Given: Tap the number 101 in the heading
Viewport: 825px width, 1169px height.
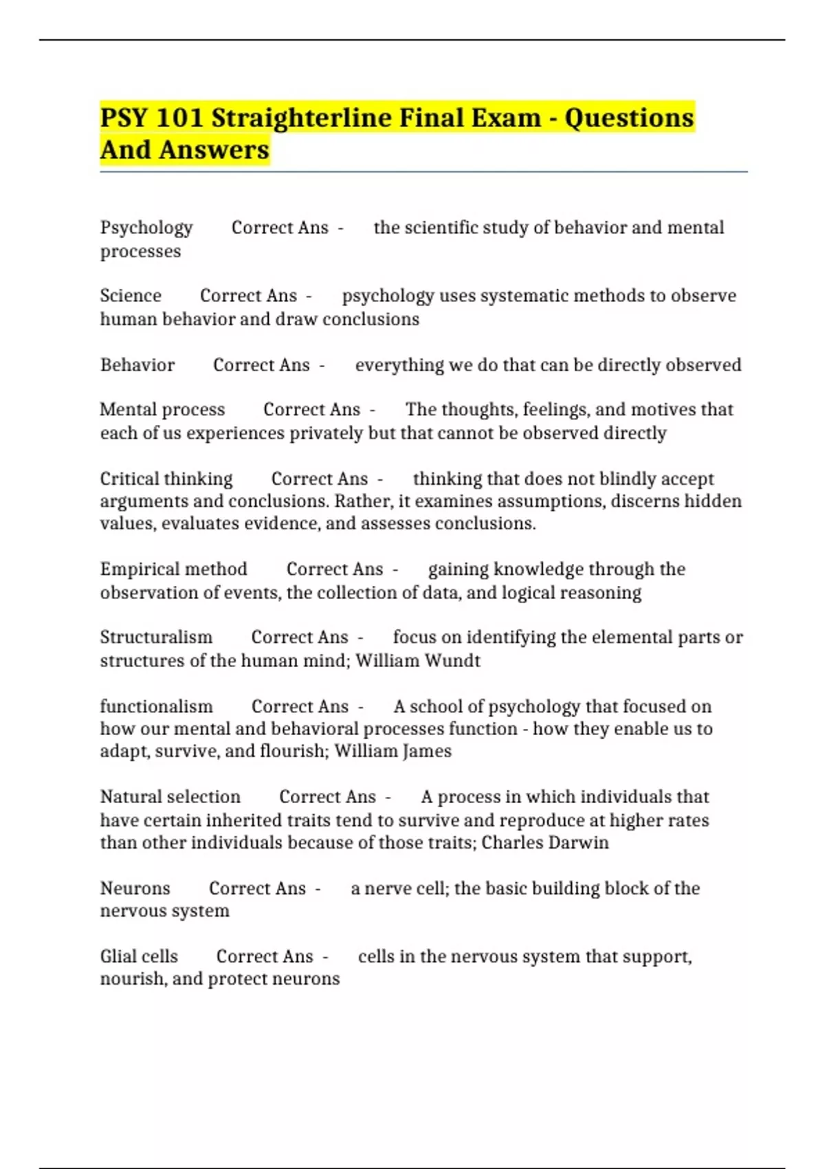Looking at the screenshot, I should (179, 118).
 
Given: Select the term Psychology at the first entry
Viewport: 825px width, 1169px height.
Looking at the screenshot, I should (146, 228).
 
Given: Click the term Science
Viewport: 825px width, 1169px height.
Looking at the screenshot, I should (131, 296).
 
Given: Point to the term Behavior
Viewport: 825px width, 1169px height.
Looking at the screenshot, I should (137, 364).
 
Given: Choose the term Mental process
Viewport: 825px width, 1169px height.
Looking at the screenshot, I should (162, 410).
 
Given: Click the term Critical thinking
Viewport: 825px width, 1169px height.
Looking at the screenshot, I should (166, 479).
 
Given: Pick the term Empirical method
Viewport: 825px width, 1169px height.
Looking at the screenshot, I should (173, 569).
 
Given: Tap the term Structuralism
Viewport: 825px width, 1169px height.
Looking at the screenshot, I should (156, 637).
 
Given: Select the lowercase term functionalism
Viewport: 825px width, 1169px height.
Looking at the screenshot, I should (156, 706).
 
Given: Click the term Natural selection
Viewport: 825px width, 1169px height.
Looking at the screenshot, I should (170, 797).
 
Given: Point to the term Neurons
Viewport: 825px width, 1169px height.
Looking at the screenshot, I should (135, 888).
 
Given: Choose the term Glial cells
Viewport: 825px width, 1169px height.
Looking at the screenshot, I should (139, 957).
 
